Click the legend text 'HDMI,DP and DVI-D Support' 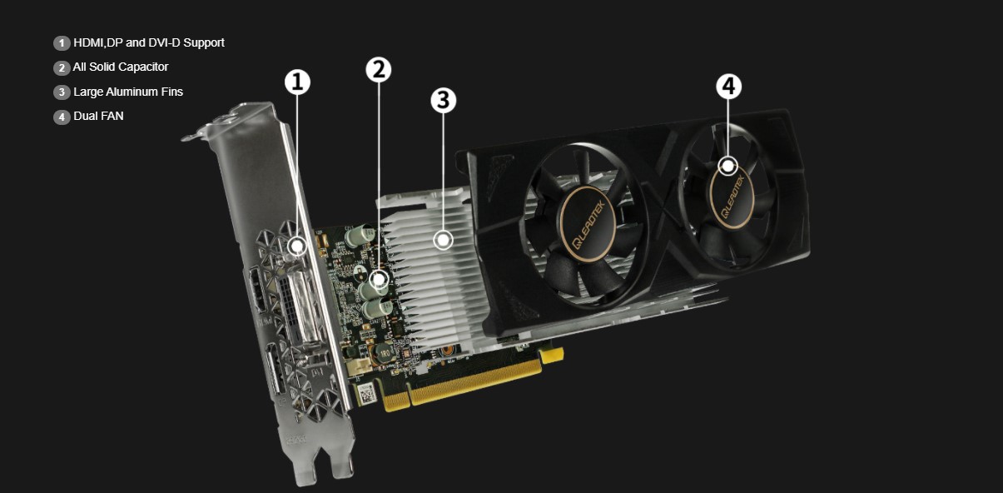[x=148, y=42]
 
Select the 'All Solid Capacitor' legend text [x=121, y=67]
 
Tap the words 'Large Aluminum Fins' [x=127, y=92]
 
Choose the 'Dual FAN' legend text [x=98, y=116]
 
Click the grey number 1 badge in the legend [x=62, y=43]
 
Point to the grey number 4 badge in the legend [x=62, y=117]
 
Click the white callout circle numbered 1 [x=297, y=82]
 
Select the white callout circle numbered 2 [x=378, y=70]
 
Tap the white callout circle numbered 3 [x=443, y=101]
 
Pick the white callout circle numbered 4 [x=728, y=86]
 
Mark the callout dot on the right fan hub [x=728, y=166]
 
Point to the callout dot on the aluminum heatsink [x=444, y=240]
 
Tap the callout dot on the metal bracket [x=297, y=246]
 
